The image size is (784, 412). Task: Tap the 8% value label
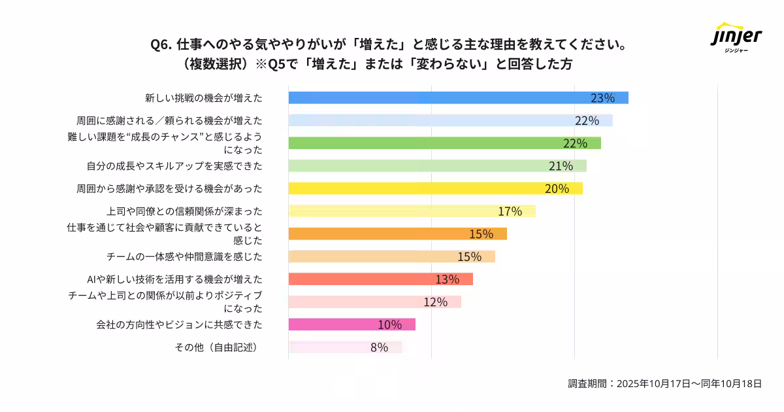point(379,347)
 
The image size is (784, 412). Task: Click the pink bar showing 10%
point(351,324)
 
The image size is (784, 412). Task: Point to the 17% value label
point(510,211)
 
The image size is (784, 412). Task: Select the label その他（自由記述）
point(216,347)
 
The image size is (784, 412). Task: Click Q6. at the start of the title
point(161,45)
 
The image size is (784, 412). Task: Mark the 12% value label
point(435,302)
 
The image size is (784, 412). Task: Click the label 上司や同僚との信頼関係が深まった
point(184,211)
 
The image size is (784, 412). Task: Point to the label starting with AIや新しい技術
point(174,279)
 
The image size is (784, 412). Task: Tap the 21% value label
point(561,166)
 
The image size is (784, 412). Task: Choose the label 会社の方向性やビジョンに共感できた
point(179,324)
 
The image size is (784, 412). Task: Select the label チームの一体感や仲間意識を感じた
point(184,256)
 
